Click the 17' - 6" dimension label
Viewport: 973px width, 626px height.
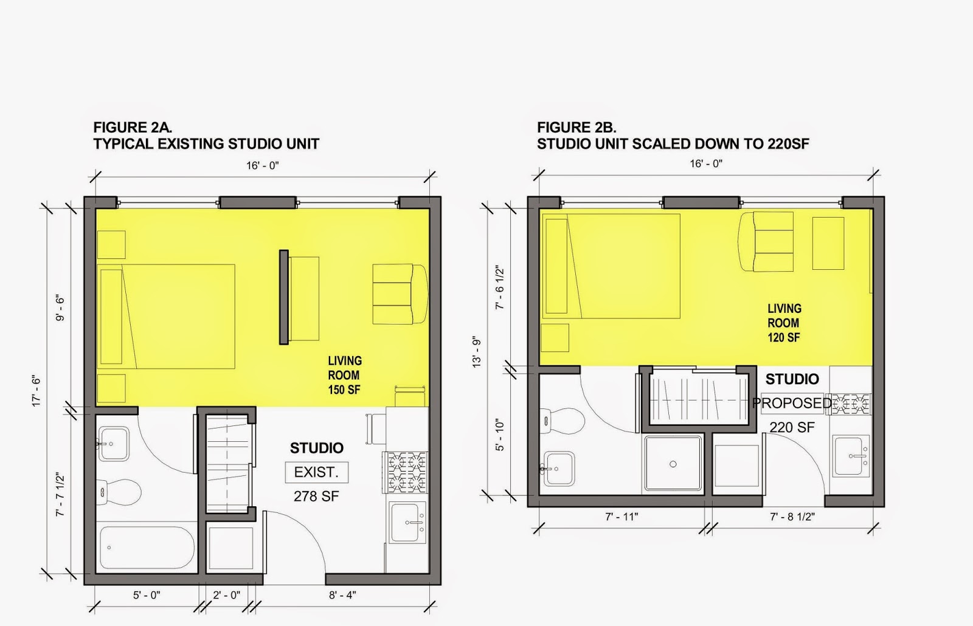pos(36,391)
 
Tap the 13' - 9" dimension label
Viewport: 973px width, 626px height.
pos(477,353)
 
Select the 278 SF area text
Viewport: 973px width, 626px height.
pos(316,496)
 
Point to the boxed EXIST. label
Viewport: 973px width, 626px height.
pos(317,472)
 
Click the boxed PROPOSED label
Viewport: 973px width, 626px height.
pos(792,404)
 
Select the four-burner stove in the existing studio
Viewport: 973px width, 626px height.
pos(405,472)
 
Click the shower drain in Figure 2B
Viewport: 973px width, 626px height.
pos(673,464)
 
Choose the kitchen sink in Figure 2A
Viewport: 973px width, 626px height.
pos(407,523)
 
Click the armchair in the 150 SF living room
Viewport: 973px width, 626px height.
pos(400,294)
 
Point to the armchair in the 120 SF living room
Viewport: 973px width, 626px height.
pos(766,241)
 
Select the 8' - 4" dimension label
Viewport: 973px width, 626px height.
pos(342,595)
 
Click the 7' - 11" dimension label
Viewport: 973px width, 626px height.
pos(622,517)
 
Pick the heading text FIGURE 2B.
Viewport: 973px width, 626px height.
pos(577,127)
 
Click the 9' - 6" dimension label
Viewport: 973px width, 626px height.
pos(60,308)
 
